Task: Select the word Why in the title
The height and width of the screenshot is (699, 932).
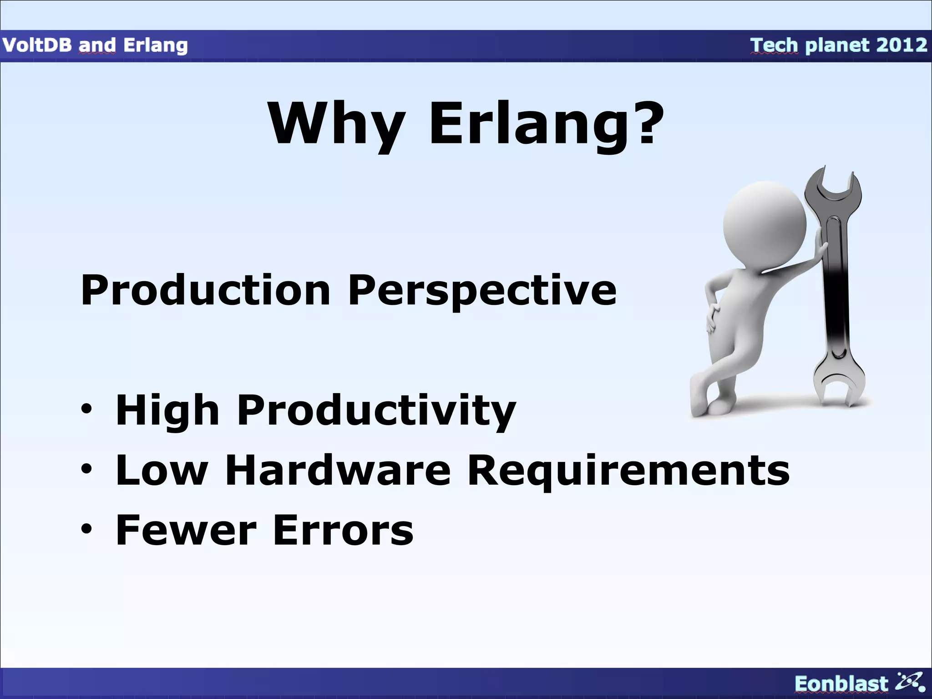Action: coord(336,124)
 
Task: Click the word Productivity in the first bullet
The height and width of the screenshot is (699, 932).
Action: coord(376,411)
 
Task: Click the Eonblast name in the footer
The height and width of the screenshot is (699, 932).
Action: coord(841,684)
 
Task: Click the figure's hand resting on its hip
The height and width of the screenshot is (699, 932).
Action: coord(712,319)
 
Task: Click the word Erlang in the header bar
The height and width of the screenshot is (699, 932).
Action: coord(156,45)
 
